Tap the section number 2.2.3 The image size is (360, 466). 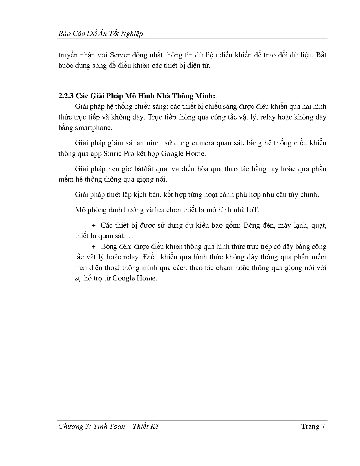click(x=66, y=96)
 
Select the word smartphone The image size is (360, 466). click(x=93, y=128)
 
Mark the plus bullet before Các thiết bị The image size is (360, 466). click(x=94, y=225)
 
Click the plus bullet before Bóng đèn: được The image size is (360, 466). click(x=94, y=247)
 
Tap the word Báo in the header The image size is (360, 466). click(x=64, y=34)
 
